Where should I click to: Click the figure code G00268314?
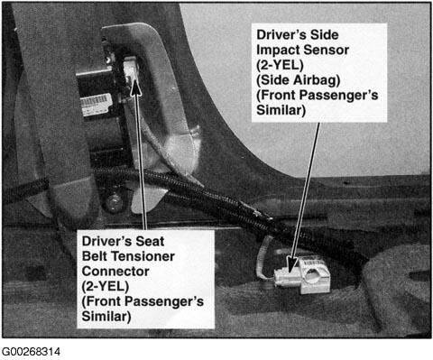pos(31,351)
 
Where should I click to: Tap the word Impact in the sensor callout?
pos(276,50)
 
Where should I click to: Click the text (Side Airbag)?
pos(299,80)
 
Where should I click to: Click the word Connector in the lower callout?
pos(115,272)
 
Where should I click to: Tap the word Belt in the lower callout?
pos(97,256)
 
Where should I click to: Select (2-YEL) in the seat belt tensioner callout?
pos(106,286)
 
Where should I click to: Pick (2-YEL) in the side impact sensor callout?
pos(280,65)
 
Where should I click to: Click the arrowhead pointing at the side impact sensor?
pos(291,264)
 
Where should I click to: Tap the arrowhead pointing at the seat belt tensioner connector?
pos(135,88)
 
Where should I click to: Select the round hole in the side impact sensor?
pos(313,273)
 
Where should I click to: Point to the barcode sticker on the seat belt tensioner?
pos(96,104)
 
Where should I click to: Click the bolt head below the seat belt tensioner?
pos(114,202)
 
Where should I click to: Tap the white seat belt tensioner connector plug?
pos(131,69)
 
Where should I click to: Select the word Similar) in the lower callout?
pos(106,317)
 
